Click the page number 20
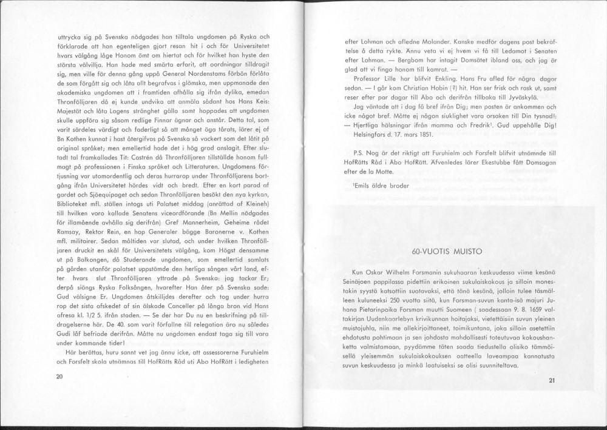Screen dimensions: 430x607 [x=59, y=377]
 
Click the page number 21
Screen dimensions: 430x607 [x=551, y=380]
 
